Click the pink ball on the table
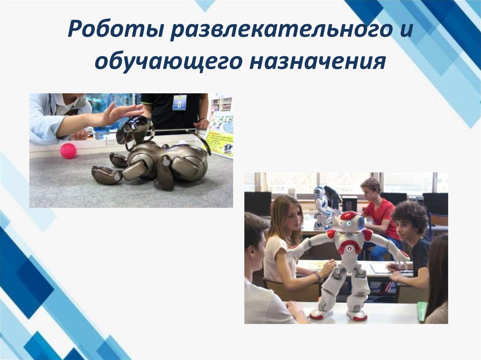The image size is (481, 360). tap(68, 151)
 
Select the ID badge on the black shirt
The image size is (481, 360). tap(179, 102)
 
